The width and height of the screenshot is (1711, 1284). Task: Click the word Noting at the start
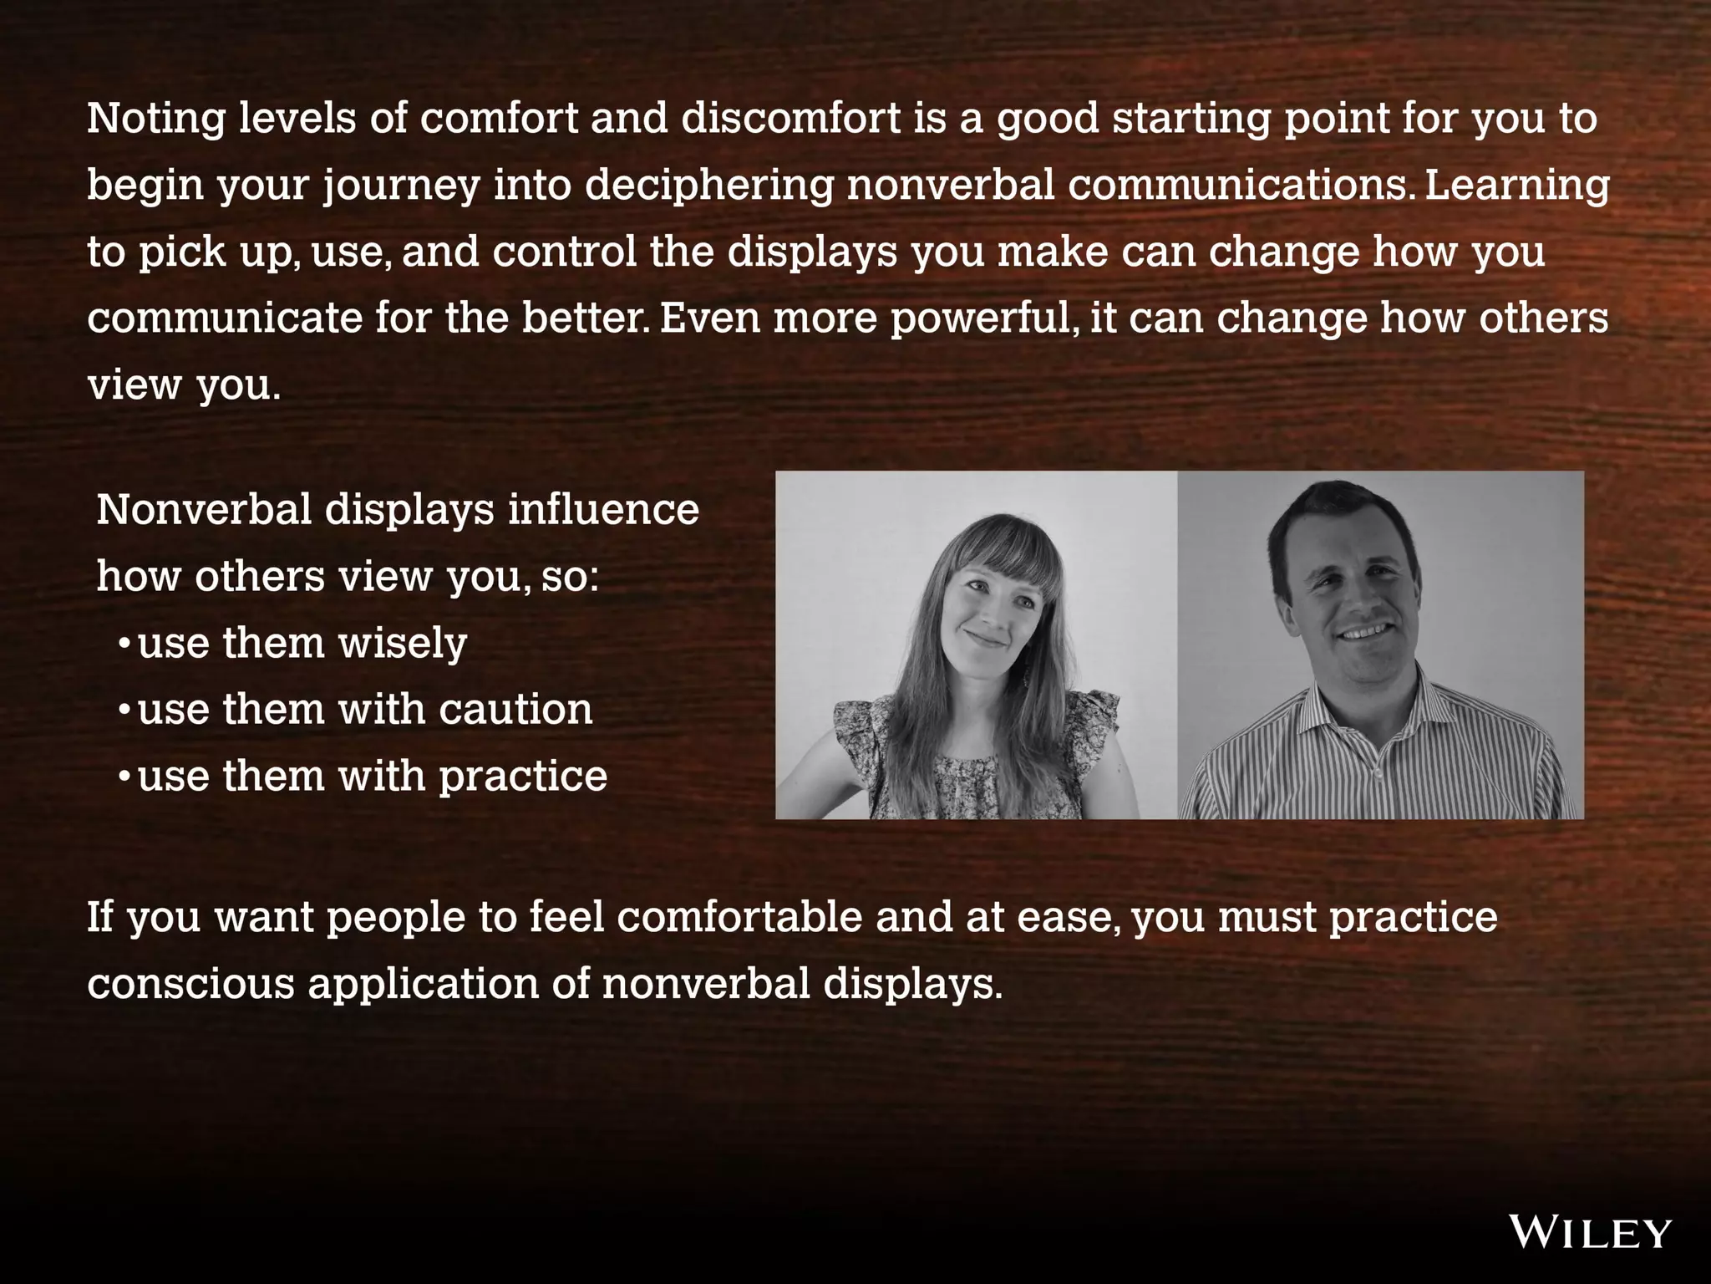click(156, 118)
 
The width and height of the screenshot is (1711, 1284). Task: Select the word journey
click(402, 186)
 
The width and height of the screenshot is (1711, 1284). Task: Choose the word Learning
click(1516, 185)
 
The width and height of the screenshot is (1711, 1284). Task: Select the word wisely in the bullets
click(403, 644)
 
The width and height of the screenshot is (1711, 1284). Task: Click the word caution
click(515, 710)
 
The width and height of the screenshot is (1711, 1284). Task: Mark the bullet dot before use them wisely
click(124, 644)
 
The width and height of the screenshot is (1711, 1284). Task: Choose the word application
click(423, 984)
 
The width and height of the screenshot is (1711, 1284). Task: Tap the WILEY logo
click(1590, 1233)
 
